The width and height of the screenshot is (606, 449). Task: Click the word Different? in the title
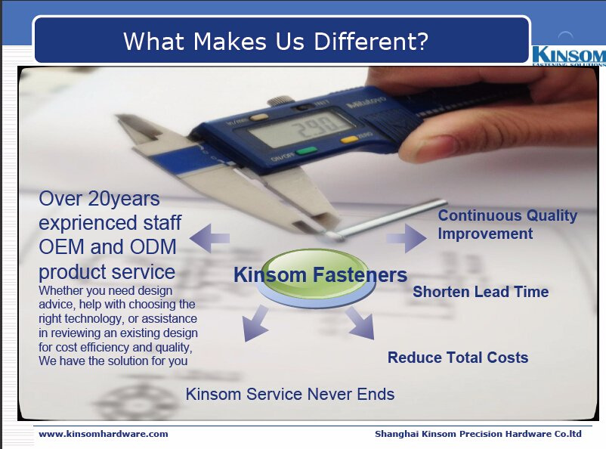coord(371,41)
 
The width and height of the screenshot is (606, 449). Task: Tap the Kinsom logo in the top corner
coord(569,55)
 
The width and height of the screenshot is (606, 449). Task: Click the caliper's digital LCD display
coord(301,129)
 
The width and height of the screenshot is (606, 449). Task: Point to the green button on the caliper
coord(307,151)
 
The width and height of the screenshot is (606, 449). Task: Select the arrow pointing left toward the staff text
coord(209,238)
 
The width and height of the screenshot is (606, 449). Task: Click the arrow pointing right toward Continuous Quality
coord(407,238)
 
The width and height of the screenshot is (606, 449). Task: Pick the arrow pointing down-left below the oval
coord(255,324)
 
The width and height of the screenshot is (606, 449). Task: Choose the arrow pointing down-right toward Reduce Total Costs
coord(360,323)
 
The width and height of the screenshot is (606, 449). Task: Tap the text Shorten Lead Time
coord(481,292)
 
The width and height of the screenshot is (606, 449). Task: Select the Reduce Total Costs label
coord(458,358)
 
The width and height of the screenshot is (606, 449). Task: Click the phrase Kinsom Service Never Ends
coord(290,394)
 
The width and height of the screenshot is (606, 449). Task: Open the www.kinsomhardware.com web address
coord(104,434)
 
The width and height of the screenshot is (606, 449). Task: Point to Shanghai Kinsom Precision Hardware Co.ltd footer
coord(478,434)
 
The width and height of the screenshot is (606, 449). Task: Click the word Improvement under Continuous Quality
coord(485,234)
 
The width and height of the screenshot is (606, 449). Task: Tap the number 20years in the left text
coord(124,200)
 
